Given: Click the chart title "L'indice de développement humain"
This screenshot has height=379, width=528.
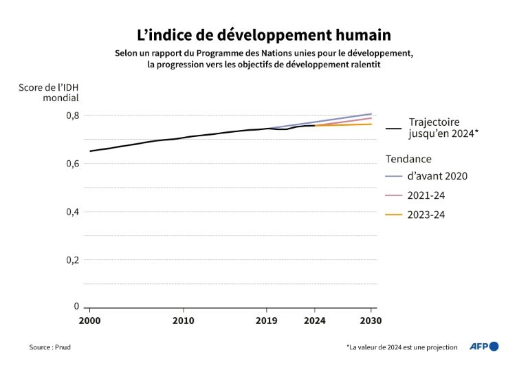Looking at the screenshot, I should [x=263, y=34].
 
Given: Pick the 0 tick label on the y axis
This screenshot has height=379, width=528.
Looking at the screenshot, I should [x=76, y=307].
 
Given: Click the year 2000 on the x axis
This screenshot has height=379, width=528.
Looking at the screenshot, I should [x=89, y=321].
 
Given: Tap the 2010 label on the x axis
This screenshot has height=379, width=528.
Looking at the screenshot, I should [x=183, y=321].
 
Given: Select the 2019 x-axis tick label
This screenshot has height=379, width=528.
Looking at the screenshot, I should [x=267, y=321].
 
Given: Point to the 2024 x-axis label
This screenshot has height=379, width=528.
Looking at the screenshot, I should [x=314, y=321].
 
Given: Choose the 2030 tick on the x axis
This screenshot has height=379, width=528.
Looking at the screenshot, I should [x=371, y=321].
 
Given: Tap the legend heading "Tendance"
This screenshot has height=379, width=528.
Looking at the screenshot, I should [x=408, y=159].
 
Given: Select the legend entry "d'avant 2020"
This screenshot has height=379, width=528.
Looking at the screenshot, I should [x=438, y=176].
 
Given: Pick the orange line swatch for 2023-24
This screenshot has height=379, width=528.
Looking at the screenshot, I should [x=394, y=215].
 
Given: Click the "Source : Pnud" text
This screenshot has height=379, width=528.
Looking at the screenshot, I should [x=49, y=347].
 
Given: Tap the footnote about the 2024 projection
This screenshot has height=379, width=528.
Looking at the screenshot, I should [x=401, y=347].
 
